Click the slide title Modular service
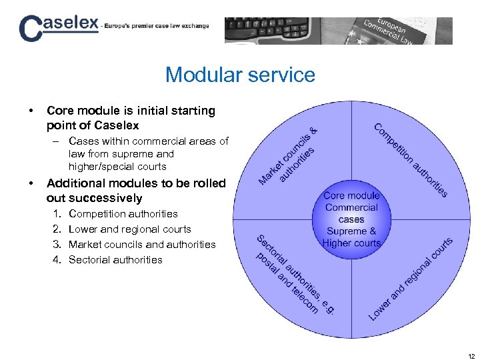pos(240,75)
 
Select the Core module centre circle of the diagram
pos(351,219)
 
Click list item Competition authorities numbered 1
pos(123,214)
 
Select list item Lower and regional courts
pos(129,229)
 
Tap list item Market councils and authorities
pos(142,245)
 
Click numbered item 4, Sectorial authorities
pos(115,260)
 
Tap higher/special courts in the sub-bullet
pos(117,167)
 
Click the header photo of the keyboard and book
pos(338,31)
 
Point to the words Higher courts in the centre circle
pos(351,243)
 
